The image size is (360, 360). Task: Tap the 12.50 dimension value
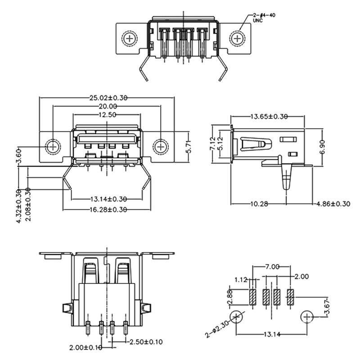[x=106, y=115]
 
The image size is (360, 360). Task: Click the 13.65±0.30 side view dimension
[x=269, y=117]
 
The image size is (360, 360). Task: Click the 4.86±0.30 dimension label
[x=333, y=204]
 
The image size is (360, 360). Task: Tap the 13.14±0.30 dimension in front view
[x=108, y=199]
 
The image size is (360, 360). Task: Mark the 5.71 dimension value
[x=189, y=146]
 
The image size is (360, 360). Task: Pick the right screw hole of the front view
[x=160, y=146]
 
